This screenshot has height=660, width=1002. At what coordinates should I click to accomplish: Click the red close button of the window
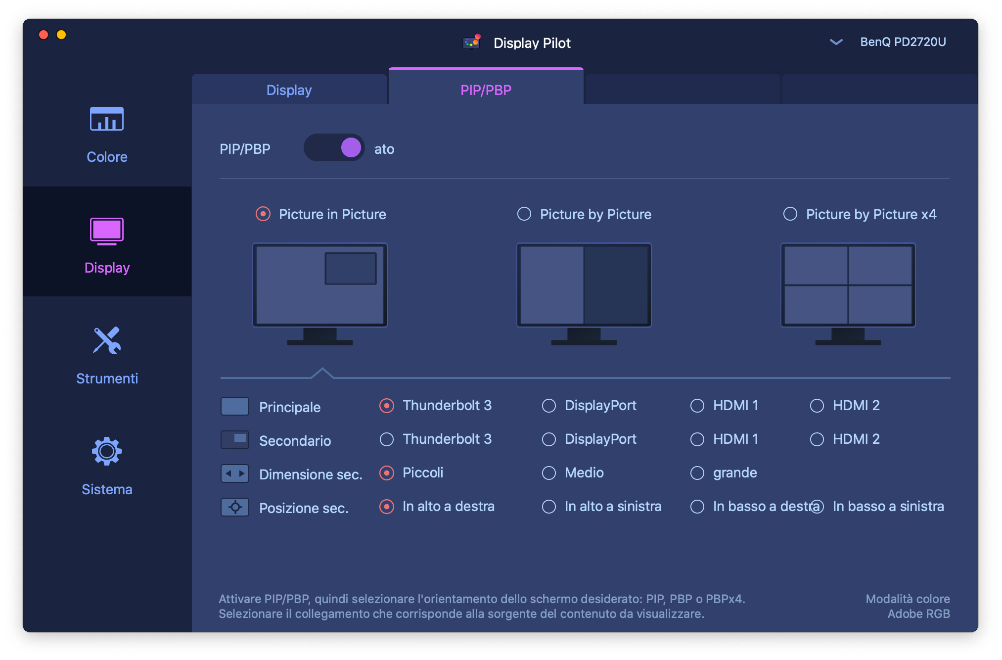(x=44, y=35)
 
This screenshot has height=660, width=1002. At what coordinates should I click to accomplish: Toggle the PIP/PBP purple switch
(x=334, y=147)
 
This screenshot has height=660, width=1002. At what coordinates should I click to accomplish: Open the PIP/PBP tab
(x=486, y=90)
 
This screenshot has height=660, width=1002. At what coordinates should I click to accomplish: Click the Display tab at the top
(x=289, y=90)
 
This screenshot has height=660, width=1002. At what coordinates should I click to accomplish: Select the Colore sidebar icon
(x=107, y=119)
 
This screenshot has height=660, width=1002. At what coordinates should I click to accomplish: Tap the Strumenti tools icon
(x=107, y=340)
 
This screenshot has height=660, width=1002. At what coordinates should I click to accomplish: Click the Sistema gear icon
(x=107, y=451)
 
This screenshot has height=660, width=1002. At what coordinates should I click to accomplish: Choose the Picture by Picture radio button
(x=524, y=214)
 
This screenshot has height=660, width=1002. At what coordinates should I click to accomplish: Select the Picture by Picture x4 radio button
(x=790, y=214)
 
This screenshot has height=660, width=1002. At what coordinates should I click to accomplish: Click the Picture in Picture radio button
(x=263, y=214)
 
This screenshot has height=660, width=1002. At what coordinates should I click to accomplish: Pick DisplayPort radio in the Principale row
(x=549, y=406)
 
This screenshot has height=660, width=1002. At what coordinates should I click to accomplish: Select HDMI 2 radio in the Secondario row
(x=817, y=439)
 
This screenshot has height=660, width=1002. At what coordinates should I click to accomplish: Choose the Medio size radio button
(x=549, y=473)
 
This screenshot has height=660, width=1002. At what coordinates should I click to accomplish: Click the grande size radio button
(x=697, y=473)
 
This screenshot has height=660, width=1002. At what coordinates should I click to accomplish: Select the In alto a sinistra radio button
(x=549, y=507)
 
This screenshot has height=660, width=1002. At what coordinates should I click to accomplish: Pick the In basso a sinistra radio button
(x=817, y=507)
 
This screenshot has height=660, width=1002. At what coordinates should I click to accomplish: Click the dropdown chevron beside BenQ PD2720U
(x=836, y=42)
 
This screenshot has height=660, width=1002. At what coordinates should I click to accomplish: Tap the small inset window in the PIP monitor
(x=351, y=269)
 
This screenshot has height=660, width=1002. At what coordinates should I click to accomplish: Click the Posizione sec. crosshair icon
(x=235, y=507)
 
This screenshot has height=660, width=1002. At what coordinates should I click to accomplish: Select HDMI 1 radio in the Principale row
(x=697, y=406)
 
